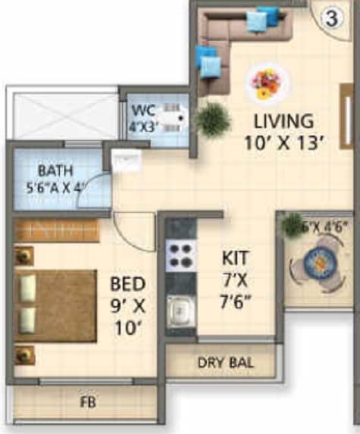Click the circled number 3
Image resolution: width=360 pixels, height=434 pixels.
point(331,20)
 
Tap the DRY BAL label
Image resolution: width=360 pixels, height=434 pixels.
point(225,363)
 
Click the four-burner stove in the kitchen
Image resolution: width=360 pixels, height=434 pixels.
point(181,254)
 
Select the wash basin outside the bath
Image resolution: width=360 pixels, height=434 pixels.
point(123,160)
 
